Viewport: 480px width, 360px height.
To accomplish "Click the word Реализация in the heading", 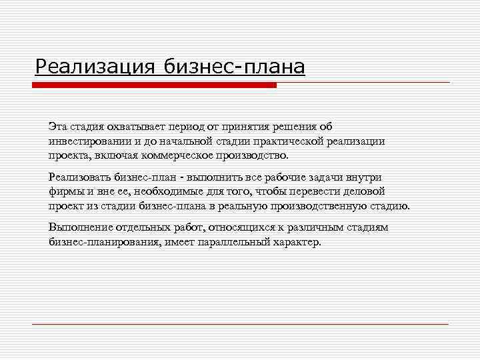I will click(94, 67).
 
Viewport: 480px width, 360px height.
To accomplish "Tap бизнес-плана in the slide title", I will click(231, 67).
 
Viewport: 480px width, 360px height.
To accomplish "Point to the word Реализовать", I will click(79, 177).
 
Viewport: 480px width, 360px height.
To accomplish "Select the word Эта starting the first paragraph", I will click(57, 127).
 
